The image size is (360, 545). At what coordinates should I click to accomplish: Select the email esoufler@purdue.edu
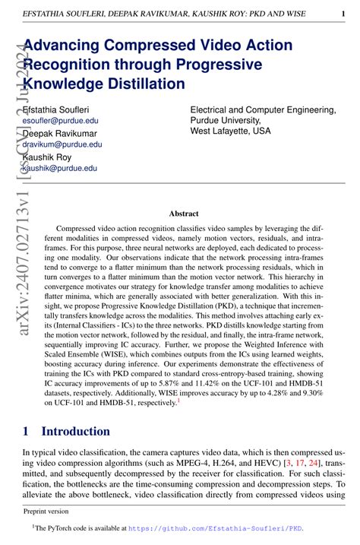tap(61, 120)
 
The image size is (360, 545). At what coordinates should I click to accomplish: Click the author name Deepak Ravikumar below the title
tap(60, 133)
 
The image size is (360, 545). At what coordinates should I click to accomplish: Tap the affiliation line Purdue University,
tap(226, 120)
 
